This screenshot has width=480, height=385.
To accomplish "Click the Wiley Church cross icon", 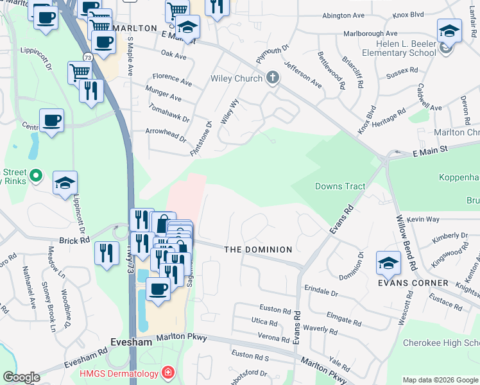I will point(273,78).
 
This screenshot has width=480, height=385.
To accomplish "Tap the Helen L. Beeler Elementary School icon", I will point(449,31).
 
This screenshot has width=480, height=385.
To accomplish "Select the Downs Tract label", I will point(340,187).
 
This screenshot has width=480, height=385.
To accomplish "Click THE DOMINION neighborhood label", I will point(258,249).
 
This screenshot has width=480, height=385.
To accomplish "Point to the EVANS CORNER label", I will point(413,283).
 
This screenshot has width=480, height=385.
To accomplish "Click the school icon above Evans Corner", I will point(388,263).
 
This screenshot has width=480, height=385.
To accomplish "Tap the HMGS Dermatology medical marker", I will point(167,372).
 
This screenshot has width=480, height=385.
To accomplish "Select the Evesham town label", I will point(130,343).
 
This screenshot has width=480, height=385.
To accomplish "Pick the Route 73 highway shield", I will point(87,58).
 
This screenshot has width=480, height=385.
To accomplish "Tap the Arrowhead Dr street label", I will point(165,135).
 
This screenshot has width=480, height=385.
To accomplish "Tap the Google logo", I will point(21,377).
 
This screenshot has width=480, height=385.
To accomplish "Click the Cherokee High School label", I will point(441,343).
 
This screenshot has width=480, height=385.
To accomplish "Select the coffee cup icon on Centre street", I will point(51,120).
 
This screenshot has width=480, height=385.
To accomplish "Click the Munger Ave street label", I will point(163,98).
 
